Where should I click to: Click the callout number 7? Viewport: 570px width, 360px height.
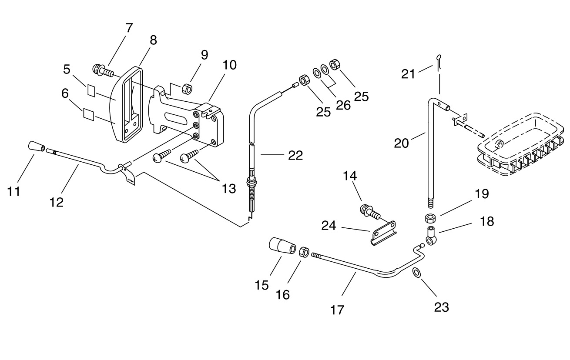[129, 28]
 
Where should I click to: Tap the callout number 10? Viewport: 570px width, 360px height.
[230, 65]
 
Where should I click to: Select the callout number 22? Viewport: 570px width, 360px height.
[295, 155]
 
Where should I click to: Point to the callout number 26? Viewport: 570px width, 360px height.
[343, 105]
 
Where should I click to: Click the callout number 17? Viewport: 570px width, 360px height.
[337, 310]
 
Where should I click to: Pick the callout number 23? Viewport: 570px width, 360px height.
[442, 307]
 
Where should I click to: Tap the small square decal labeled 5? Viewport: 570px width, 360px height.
[91, 90]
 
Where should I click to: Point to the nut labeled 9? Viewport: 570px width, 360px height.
[187, 88]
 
